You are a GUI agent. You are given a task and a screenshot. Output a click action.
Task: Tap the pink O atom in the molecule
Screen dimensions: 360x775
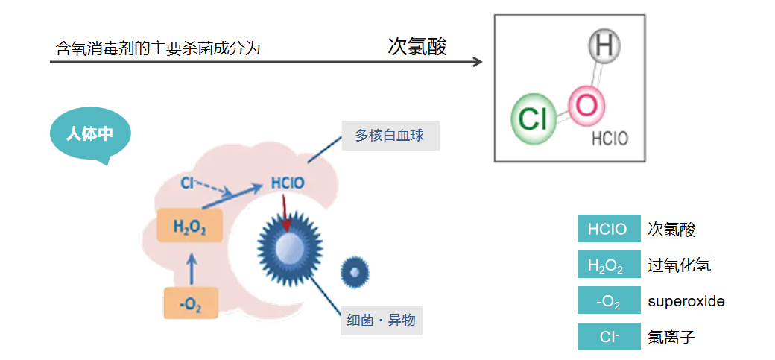[586, 106]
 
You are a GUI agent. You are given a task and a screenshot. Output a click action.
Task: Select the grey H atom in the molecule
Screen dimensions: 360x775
[604, 47]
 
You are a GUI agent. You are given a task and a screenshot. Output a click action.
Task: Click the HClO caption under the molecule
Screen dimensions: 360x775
[610, 139]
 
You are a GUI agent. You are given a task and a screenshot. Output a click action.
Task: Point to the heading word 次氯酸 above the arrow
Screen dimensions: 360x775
[417, 47]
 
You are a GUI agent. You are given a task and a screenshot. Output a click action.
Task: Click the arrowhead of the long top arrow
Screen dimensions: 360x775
[478, 62]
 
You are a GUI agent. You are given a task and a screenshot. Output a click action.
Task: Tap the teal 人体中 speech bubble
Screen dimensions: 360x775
[89, 135]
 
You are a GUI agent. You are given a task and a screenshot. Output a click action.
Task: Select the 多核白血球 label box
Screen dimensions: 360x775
[390, 136]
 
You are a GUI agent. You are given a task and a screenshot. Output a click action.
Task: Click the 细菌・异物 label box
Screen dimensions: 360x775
[382, 321]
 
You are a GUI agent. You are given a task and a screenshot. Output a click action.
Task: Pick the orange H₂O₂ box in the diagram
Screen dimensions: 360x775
[189, 226]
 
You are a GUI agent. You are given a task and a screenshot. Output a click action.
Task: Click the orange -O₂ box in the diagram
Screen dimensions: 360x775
[191, 303]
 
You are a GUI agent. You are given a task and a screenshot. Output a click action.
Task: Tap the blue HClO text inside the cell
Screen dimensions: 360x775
[288, 183]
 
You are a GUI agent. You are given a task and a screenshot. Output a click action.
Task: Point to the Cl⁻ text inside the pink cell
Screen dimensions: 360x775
[188, 181]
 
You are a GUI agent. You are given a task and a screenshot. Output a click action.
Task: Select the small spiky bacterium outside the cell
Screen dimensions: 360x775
[355, 273]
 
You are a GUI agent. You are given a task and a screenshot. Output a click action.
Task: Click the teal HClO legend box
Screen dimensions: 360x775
[608, 229]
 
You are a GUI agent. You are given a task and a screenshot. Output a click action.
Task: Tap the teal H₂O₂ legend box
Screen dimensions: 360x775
[608, 265]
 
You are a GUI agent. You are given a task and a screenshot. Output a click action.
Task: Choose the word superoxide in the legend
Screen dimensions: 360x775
[686, 301]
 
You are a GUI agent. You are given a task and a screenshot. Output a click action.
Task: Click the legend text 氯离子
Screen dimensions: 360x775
[671, 337]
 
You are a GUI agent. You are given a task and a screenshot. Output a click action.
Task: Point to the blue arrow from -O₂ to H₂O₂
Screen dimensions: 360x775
[192, 268]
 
